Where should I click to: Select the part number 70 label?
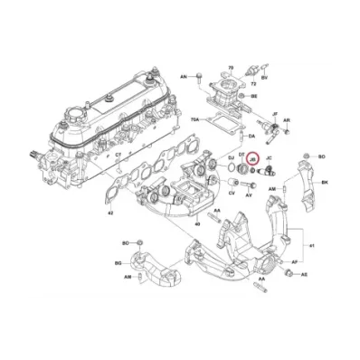coord(230,68)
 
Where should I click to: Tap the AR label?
coord(286,119)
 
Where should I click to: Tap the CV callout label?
coord(232,193)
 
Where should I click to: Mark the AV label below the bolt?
coord(251,194)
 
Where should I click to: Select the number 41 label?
coord(313,246)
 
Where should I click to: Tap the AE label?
coord(304,273)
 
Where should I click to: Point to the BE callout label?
coord(254,95)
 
